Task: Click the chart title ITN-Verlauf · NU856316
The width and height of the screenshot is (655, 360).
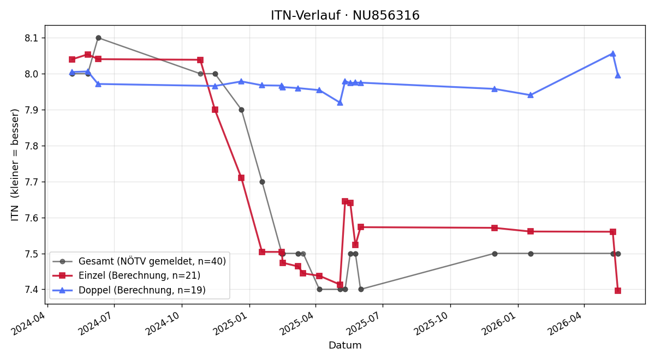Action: coord(345,15)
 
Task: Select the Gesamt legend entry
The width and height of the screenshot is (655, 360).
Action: coord(139,261)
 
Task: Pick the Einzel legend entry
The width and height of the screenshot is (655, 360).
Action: coord(126,275)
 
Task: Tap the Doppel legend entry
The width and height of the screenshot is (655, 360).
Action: coord(129,290)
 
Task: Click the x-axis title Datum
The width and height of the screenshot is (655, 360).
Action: coord(345,345)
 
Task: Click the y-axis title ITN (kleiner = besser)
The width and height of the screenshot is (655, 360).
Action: coord(15,165)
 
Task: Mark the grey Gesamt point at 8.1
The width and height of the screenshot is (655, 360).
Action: coord(99,38)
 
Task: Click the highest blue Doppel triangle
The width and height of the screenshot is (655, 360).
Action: coord(613,54)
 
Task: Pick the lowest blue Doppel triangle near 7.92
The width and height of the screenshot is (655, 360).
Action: coord(340,103)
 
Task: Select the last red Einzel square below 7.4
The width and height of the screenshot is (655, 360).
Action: coord(618,291)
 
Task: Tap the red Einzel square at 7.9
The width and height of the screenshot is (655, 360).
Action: coord(215,110)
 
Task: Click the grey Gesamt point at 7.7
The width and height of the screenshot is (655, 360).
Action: coord(263,182)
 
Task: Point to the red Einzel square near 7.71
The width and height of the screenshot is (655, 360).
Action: coord(241,178)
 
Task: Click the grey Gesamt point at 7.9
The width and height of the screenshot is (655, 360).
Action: coord(241,110)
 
